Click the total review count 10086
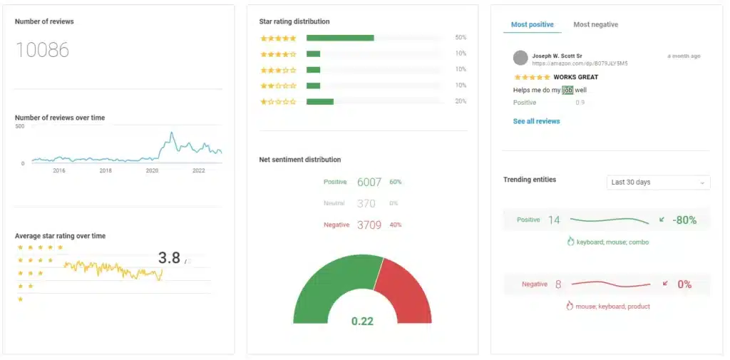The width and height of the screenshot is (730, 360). coord(42,50)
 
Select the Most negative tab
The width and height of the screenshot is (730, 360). coord(595,24)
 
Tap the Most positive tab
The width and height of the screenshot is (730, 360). coord(532,24)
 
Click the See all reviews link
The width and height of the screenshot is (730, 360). coord(536,121)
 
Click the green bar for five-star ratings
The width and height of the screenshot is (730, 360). coord(340,38)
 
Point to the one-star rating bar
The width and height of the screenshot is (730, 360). coord(320,101)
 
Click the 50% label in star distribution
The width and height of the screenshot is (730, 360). coord(461,38)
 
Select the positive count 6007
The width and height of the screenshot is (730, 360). coord(369,182)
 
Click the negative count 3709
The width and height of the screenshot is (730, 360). coord(369,225)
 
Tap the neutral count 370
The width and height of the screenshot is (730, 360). coord(366,203)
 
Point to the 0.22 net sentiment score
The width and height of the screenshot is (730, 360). coord(362,322)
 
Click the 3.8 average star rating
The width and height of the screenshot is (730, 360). coord(170,258)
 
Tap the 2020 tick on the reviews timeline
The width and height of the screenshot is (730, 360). coord(152,171)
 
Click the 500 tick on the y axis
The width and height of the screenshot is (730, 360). coord(20,126)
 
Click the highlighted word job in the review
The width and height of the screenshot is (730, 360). coord(567,90)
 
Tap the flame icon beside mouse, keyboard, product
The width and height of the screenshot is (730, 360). coord(570,306)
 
